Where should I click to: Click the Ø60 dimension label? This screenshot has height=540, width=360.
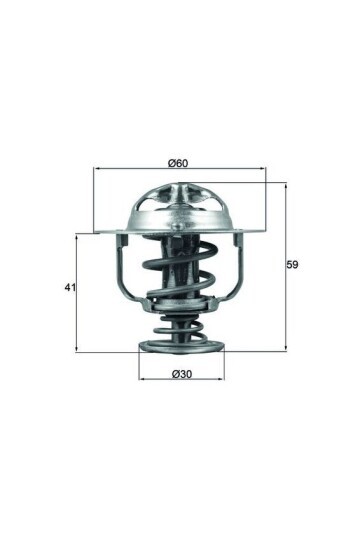[x=180, y=162]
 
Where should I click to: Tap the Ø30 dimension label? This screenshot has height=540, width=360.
[x=181, y=374]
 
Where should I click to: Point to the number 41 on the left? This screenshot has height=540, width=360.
[x=69, y=288]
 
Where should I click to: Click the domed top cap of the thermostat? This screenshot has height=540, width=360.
[x=181, y=205]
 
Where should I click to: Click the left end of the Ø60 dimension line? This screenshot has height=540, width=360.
[x=94, y=170]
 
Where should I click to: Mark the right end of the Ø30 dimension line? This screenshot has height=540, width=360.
[x=224, y=381]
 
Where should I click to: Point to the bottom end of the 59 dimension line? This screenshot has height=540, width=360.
[x=285, y=351]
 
